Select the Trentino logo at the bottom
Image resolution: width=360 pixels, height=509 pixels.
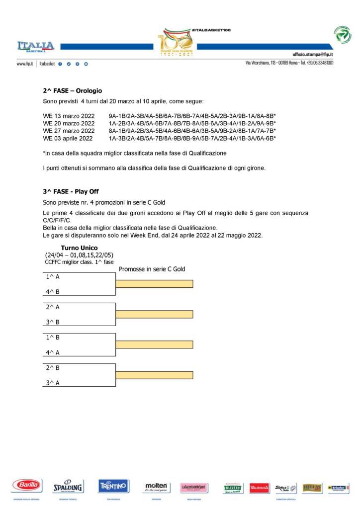[x=113, y=485]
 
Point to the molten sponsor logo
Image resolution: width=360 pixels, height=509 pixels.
[x=156, y=486]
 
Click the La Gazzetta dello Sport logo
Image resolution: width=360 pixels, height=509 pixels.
[x=194, y=486]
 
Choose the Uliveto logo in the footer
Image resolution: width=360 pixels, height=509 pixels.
[x=233, y=488]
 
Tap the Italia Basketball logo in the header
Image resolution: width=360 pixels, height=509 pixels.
[x=35, y=46]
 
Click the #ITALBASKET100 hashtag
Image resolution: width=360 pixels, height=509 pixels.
[x=211, y=30]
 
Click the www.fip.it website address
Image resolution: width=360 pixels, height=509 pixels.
[x=24, y=64]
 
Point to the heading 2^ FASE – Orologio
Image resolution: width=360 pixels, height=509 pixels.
[x=72, y=91]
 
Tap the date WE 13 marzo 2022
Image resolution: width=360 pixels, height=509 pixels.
[x=69, y=116]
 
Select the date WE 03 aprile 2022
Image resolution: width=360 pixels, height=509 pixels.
[x=69, y=138]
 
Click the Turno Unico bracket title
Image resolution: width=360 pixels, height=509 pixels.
[x=79, y=248]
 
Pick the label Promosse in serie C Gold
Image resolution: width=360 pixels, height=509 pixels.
[x=152, y=269]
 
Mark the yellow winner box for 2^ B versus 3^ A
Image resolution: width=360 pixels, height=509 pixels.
[x=154, y=375]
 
